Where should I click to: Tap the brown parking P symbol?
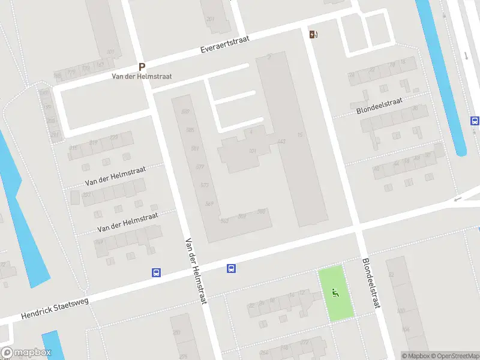click(x=142, y=67)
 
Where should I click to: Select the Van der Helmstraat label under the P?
click(x=142, y=77)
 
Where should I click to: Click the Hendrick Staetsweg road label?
click(x=55, y=307)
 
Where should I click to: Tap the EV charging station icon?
click(x=313, y=34)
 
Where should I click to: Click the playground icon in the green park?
click(x=335, y=293)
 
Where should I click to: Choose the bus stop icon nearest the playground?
click(x=231, y=268)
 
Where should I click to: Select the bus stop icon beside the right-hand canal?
click(x=475, y=121)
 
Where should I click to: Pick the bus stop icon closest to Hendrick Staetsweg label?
click(x=156, y=272)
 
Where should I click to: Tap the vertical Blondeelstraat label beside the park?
click(x=371, y=283)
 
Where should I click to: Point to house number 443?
click(x=281, y=142)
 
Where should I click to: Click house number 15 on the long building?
click(x=299, y=135)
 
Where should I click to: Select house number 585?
click(x=190, y=130)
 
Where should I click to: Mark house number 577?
click(x=200, y=167)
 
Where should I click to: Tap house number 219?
click(x=93, y=142)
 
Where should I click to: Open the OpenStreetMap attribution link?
click(x=454, y=356)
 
